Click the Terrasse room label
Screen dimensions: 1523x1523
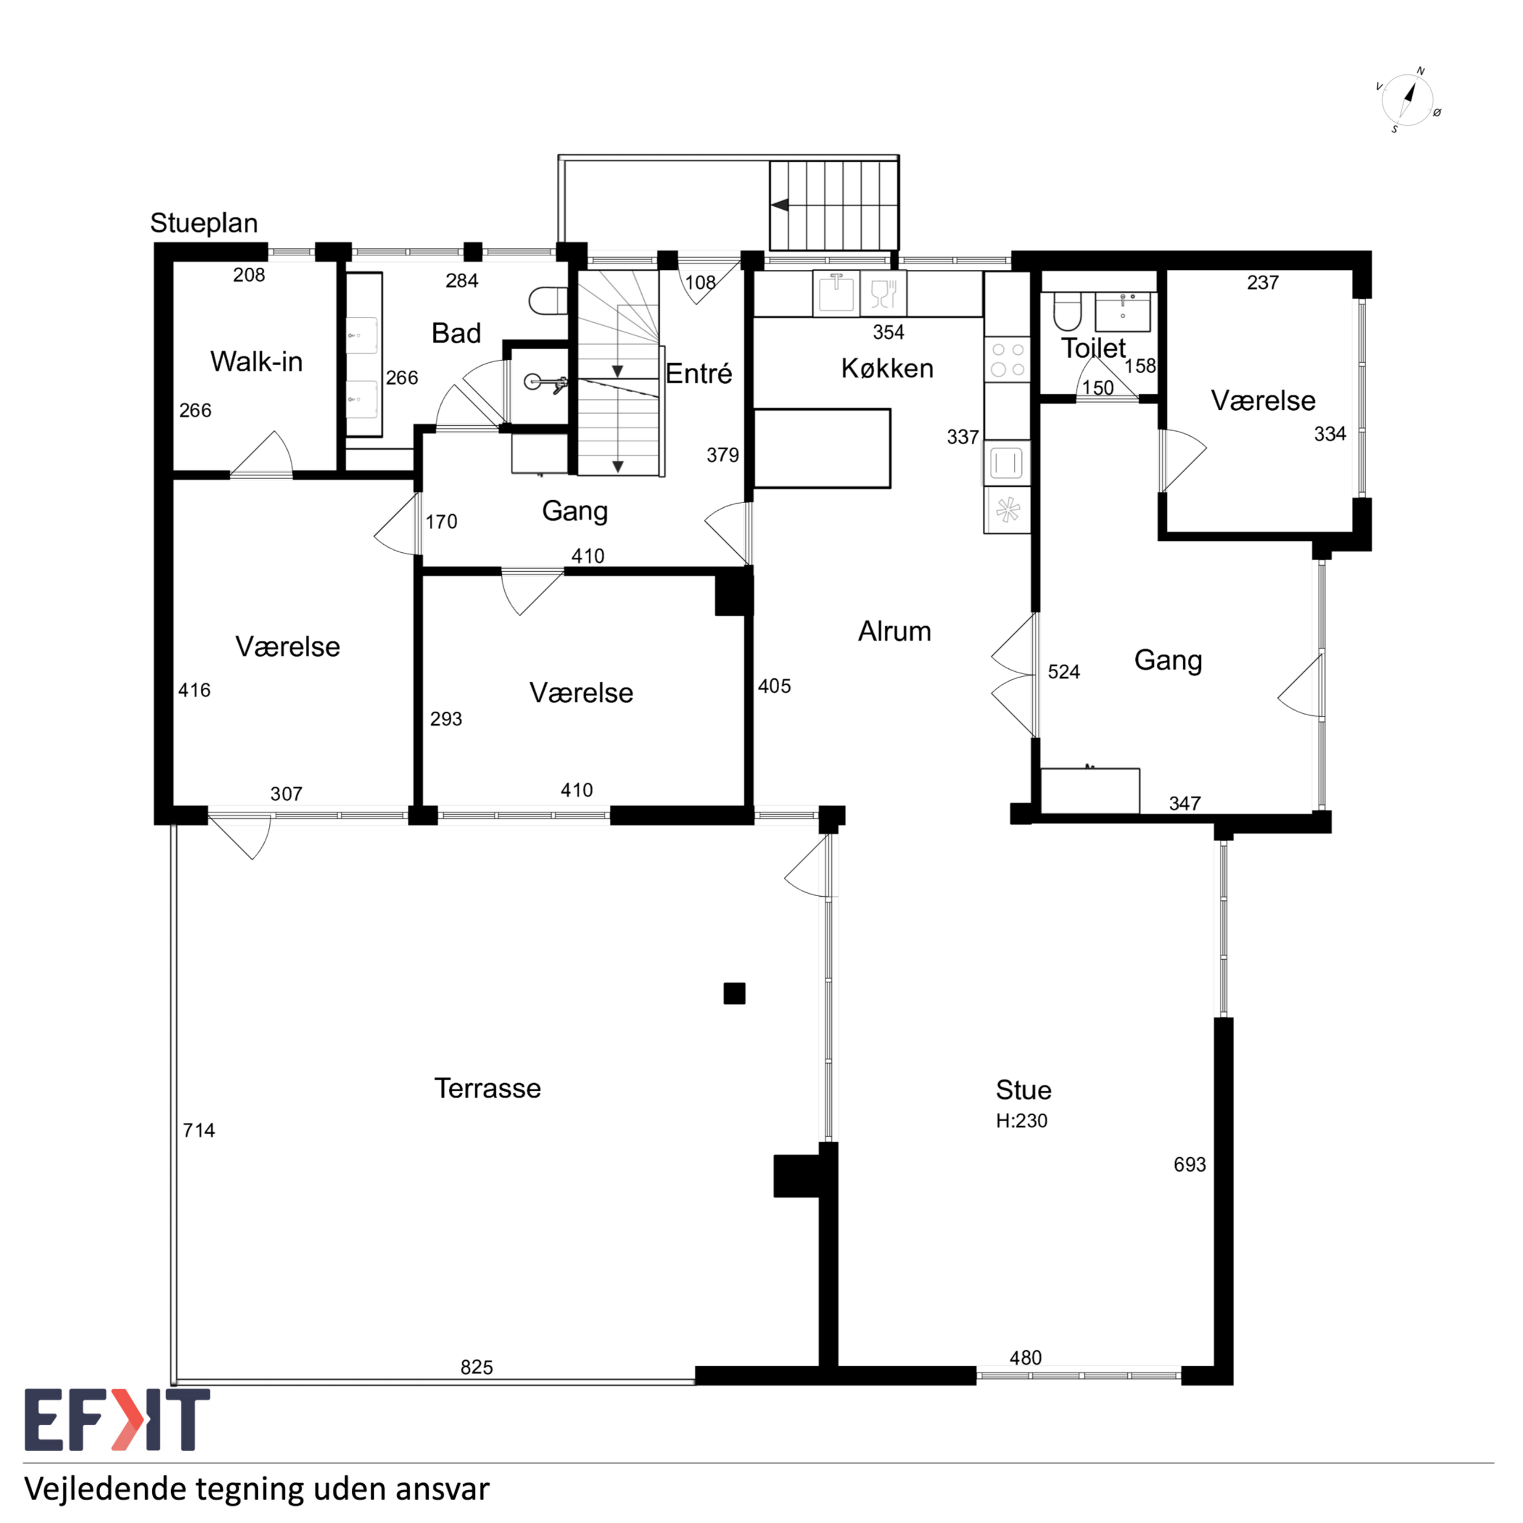pos(487,1088)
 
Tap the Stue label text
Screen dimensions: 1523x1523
pos(1023,1090)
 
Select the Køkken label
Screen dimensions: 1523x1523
pos(887,368)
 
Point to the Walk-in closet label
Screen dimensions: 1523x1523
pos(256,362)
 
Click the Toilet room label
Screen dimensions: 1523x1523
pos(1094,347)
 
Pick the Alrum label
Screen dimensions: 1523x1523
pos(894,631)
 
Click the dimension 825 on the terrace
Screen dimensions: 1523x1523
pos(477,1368)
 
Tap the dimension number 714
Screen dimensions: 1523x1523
pos(199,1131)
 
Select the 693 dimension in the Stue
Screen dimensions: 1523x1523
pos(1190,1165)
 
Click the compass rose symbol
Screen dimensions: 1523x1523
pos(1408,100)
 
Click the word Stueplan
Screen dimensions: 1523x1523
pos(204,223)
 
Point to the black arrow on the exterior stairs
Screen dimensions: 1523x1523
pos(780,205)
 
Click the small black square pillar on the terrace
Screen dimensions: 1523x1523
pos(734,993)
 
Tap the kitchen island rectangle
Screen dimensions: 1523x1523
pos(822,449)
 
